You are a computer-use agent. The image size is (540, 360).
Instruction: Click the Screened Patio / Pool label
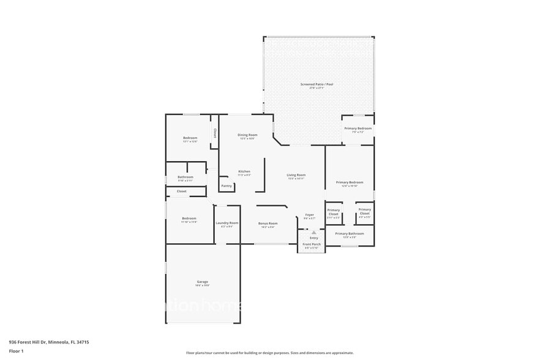click(317, 84)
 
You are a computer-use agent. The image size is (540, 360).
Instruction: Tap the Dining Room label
click(247, 135)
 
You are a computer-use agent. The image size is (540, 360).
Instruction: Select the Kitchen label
click(244, 171)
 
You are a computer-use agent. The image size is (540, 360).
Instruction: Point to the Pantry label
click(227, 186)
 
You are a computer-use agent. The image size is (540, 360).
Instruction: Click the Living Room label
click(296, 175)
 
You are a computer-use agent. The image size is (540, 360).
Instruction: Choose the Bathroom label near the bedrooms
click(186, 177)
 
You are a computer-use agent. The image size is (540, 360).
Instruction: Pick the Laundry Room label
click(227, 223)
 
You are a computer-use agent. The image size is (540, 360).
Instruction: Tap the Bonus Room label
click(268, 223)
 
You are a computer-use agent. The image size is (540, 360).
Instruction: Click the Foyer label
click(310, 215)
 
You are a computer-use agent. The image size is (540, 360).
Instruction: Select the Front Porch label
click(312, 244)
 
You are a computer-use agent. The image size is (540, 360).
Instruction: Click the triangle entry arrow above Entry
click(313, 233)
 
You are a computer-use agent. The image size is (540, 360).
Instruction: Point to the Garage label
click(202, 282)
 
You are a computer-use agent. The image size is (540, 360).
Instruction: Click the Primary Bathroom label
click(349, 234)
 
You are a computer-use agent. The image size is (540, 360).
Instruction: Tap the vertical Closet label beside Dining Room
click(215, 132)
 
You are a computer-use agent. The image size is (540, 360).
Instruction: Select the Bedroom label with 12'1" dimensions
click(190, 138)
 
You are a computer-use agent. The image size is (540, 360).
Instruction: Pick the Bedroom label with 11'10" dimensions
click(189, 219)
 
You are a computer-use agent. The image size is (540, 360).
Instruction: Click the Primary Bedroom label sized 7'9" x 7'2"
click(358, 129)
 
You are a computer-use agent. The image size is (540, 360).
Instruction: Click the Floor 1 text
click(16, 351)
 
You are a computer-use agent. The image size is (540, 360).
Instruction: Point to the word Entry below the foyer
click(313, 238)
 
